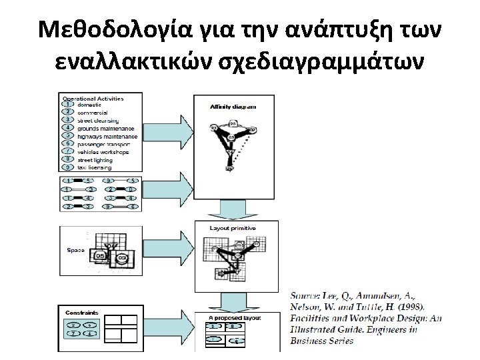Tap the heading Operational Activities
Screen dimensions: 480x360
point(93,99)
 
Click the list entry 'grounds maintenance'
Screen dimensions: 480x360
point(105,128)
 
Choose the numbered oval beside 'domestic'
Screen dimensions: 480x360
point(67,105)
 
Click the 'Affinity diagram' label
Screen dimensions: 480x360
point(223,107)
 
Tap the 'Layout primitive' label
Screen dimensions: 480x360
point(225,228)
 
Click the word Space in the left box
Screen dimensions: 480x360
point(75,250)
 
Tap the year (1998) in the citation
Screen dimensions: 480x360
point(409,307)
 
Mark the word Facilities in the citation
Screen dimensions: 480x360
point(313,318)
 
